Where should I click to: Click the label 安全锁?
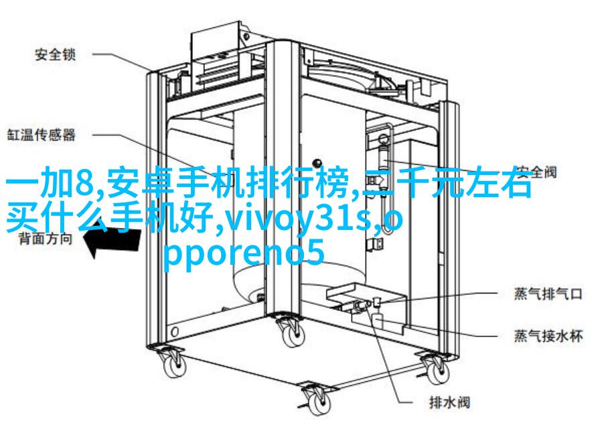point(56,54)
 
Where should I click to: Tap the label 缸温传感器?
point(42,135)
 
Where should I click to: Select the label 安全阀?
point(536,172)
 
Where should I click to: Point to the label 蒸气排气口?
point(548,294)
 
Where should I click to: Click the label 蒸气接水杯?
point(548,336)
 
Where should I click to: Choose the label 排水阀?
point(449,402)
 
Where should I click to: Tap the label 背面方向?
point(46,239)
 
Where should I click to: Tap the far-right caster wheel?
point(436,369)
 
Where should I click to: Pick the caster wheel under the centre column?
point(292,333)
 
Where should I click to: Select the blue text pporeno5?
point(244,254)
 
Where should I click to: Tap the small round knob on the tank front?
point(317,163)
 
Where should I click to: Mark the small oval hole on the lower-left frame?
point(175,331)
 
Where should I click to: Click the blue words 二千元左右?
point(448,184)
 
